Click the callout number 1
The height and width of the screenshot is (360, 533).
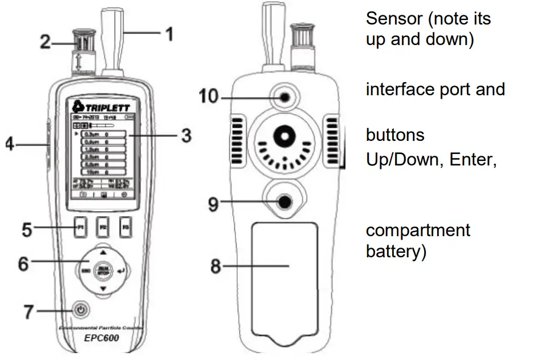pyautogui.click(x=168, y=34)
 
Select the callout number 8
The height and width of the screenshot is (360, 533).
pyautogui.click(x=215, y=265)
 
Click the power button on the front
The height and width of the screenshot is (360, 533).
pyautogui.click(x=82, y=310)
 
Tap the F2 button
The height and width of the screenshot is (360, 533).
pyautogui.click(x=103, y=228)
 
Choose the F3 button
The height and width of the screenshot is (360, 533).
pyautogui.click(x=125, y=228)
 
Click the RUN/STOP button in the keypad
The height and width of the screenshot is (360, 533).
pyautogui.click(x=103, y=269)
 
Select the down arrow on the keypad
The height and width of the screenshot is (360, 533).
pyautogui.click(x=103, y=289)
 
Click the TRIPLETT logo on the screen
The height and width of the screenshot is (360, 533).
pyautogui.click(x=103, y=107)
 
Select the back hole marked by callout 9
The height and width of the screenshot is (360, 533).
pyautogui.click(x=283, y=201)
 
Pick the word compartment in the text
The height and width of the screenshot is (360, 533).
pyautogui.click(x=418, y=230)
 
